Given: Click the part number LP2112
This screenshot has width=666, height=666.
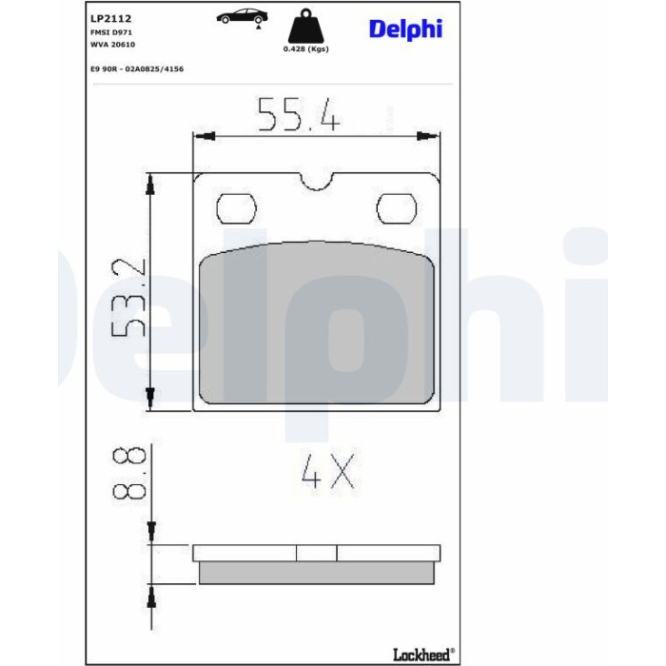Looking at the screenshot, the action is point(111,18).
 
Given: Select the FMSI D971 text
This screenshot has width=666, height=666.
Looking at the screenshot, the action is point(111,32).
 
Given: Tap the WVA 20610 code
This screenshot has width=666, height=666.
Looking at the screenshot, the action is point(112,44).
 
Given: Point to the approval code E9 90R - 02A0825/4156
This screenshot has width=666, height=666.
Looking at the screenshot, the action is point(137,69).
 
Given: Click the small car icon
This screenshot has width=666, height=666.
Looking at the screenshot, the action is point(242,17).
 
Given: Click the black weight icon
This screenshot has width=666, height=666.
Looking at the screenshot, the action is point(305,26).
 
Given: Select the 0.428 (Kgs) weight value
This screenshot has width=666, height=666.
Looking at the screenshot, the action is point(305,49).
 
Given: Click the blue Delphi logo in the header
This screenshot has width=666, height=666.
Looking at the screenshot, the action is point(405,29).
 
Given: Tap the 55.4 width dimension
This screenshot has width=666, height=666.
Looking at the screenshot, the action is point(299,114).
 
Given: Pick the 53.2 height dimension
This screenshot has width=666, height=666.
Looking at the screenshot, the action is point(128,297).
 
